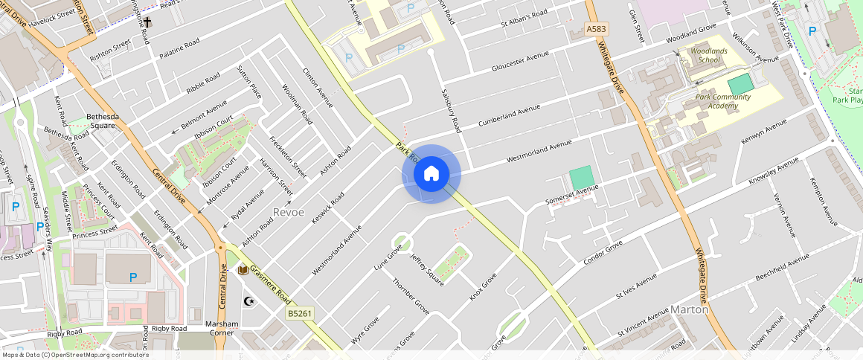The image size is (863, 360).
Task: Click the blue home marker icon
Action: pos(431,174)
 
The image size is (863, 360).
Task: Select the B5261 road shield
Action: pos(299,315)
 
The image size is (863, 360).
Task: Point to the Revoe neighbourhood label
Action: pos(289,212)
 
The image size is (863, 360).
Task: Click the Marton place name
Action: pos(689,309)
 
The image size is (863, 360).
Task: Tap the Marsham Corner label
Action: pos(222,328)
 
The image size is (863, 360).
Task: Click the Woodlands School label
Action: pos(705,55)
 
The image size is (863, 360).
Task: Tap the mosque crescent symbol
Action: pos(249,301)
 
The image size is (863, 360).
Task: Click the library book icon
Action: pos(243,270)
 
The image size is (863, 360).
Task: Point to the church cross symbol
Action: pos(147,23)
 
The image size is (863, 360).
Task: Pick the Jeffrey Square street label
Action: pos(426,269)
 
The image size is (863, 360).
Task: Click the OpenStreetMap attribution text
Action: pos(74,355)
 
